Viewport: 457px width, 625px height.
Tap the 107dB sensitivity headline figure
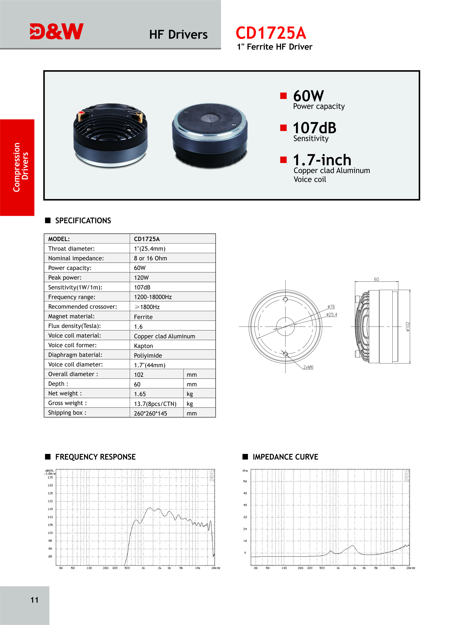click(x=315, y=128)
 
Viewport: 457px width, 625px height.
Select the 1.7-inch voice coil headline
click(x=322, y=160)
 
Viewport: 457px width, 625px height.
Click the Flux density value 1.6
click(x=138, y=327)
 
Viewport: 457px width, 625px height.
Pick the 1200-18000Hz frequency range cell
click(x=153, y=297)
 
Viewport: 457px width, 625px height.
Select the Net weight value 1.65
click(x=140, y=394)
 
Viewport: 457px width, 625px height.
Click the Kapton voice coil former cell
click(x=143, y=346)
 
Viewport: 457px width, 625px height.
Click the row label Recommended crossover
click(x=82, y=307)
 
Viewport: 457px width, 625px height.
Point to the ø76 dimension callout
click(x=331, y=307)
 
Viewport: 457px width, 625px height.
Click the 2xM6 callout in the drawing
click(x=308, y=367)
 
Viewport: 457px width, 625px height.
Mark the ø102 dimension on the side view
click(x=407, y=327)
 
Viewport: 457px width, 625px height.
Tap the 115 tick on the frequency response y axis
click(x=50, y=509)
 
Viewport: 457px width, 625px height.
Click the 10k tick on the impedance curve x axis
click(x=392, y=568)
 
